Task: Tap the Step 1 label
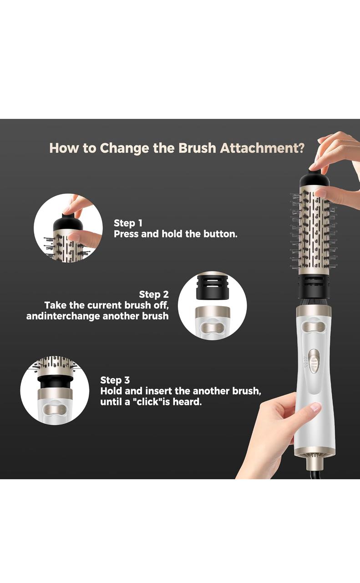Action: (x=128, y=223)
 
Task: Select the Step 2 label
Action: (x=153, y=294)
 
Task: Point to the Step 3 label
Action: (x=115, y=380)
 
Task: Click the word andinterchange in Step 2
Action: (x=63, y=316)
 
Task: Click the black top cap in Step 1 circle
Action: (x=68, y=223)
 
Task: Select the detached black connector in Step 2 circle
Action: (x=212, y=286)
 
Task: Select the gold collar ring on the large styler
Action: (x=314, y=312)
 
